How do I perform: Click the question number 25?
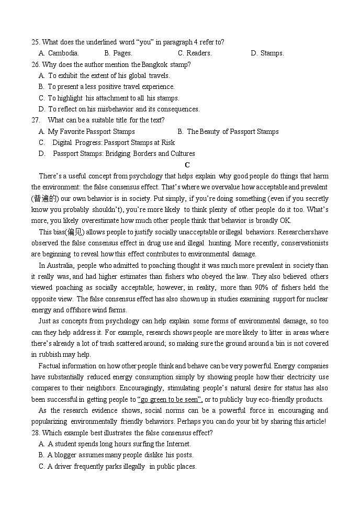(35, 42)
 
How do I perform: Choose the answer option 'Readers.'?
(195, 53)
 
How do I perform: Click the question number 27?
(36, 120)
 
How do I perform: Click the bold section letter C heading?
(180, 165)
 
